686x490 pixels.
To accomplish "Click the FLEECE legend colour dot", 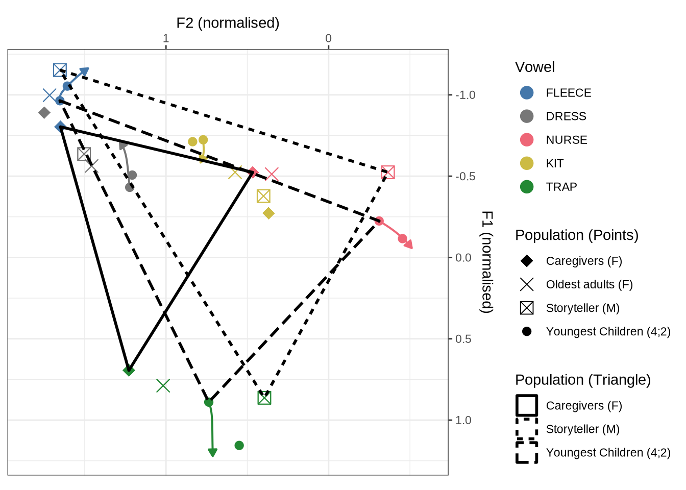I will [x=527, y=93].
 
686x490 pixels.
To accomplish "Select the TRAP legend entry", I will [x=561, y=187].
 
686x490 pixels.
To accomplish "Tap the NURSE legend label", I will [x=566, y=140].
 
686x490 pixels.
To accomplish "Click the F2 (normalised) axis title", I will [x=228, y=23].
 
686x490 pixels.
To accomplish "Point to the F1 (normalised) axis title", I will [x=487, y=262].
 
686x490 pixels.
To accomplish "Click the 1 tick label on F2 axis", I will [x=166, y=38].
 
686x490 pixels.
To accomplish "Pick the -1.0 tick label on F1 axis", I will [x=465, y=95].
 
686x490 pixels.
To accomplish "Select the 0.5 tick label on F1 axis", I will [x=463, y=339].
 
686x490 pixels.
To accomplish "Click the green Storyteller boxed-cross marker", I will [x=264, y=398].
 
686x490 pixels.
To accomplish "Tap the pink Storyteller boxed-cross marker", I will [x=388, y=173].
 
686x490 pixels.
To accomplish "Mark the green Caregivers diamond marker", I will [x=129, y=370].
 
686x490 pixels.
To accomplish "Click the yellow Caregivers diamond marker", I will [x=268, y=213].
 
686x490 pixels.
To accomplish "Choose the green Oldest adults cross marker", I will [x=163, y=386].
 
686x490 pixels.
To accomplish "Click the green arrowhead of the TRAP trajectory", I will [x=212, y=452].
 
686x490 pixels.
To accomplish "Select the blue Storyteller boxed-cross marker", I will [x=60, y=70].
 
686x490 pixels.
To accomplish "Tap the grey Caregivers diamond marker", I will [x=44, y=113].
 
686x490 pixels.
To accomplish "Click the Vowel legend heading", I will [x=534, y=67].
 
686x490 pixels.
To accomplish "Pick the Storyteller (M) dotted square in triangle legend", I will [x=527, y=429].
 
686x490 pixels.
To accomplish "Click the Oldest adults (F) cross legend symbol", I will [x=527, y=284].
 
